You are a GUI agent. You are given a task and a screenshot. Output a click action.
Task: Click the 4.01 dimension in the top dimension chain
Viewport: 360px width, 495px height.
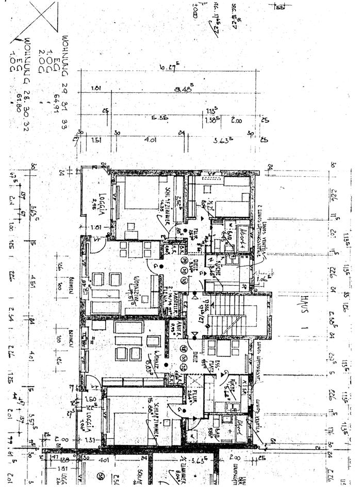(151, 139)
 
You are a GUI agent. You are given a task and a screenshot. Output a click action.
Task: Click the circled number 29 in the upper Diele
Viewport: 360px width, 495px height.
(184, 260)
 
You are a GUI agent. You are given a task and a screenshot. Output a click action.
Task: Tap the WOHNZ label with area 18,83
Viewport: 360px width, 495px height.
(151, 366)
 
